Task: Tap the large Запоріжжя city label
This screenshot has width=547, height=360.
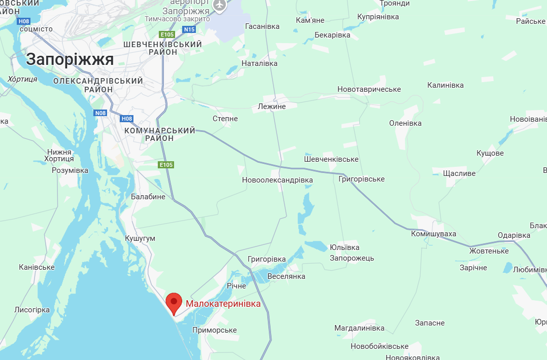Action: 70,59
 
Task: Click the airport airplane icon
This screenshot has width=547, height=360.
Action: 219,5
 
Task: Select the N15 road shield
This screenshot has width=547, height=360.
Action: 189,29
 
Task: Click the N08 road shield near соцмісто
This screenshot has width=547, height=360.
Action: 23,21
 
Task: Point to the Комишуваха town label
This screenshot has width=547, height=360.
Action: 433,234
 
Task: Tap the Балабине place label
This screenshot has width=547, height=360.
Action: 148,196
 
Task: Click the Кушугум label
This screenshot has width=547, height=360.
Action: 140,238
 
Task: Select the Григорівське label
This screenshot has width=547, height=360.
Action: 361,179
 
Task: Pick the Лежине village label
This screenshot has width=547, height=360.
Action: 271,106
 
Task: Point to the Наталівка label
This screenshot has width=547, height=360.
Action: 259,63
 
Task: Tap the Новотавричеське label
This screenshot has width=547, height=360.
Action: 369,89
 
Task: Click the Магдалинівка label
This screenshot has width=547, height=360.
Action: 359,328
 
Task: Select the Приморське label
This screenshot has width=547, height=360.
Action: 215,330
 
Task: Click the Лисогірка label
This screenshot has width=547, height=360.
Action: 32,309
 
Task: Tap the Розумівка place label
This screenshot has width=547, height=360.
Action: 70,170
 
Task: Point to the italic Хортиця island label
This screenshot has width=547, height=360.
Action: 22,79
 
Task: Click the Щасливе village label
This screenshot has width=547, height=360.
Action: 459,173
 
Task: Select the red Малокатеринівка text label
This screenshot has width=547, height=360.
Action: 223,304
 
